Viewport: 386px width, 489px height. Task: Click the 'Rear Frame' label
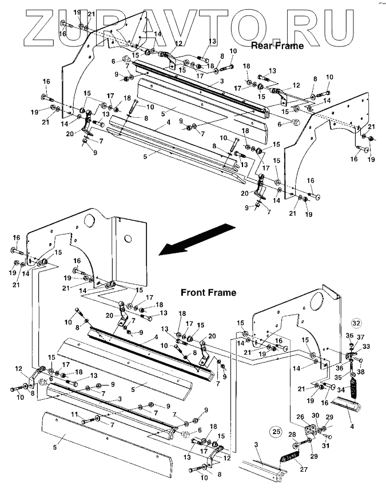coord(277,46)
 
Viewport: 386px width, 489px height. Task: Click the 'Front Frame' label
coord(208,292)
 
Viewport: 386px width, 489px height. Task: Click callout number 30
coord(315,416)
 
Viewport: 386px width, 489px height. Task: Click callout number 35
coord(338,377)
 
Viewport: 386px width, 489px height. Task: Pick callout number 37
coord(360,337)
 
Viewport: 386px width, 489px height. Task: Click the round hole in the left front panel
coord(89,220)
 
